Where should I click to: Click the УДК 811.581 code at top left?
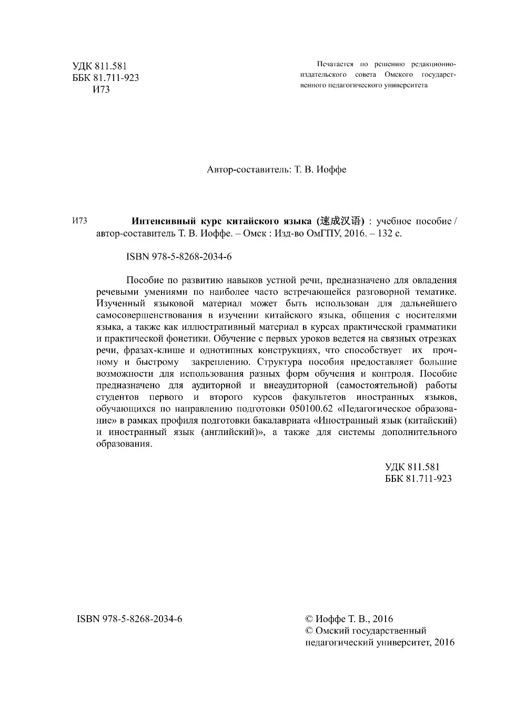(x=99, y=66)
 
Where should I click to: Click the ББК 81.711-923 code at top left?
(x=105, y=78)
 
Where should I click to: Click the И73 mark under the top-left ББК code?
(x=101, y=89)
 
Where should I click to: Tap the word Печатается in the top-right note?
(x=335, y=64)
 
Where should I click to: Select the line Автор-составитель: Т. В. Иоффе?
(x=277, y=170)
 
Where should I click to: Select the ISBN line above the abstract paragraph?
(x=179, y=257)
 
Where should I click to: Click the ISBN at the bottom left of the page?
(x=129, y=619)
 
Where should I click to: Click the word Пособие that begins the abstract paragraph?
(x=145, y=280)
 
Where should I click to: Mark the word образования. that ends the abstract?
(x=124, y=443)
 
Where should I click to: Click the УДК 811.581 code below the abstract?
(x=412, y=467)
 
